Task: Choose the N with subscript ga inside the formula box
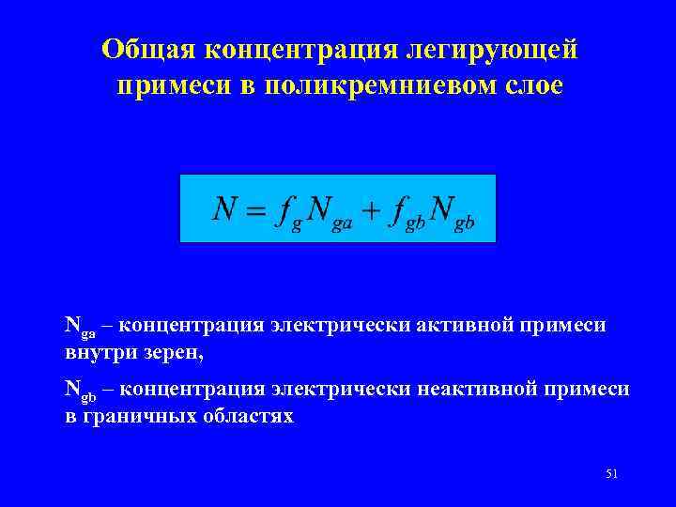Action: click(328, 210)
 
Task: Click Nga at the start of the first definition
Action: click(80, 327)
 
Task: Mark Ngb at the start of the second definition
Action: click(80, 389)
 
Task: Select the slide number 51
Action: click(611, 473)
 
